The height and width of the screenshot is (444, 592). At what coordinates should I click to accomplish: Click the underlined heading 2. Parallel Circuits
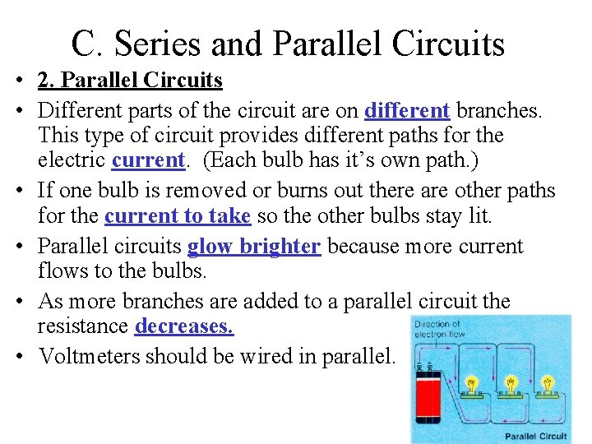[130, 81]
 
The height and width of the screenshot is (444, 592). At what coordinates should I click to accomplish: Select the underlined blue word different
[407, 109]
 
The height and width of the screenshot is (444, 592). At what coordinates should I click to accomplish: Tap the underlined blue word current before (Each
[149, 160]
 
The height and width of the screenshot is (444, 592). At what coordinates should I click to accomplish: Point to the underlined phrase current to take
[178, 216]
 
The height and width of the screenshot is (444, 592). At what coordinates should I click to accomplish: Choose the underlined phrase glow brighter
[253, 246]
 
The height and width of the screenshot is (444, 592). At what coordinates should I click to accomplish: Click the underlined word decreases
[184, 326]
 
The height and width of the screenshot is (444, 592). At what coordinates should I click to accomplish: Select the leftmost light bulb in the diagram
[473, 384]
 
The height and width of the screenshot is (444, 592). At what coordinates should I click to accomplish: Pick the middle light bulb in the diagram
[511, 384]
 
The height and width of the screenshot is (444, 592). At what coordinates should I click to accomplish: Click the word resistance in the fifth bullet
[82, 326]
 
